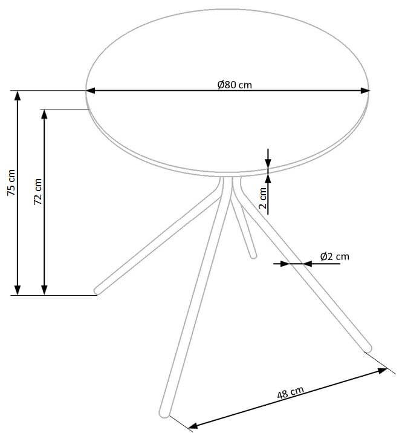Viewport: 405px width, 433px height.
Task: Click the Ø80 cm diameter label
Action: coord(235,85)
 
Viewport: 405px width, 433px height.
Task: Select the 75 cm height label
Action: coord(11,183)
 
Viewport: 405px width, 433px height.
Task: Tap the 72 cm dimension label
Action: coord(38,192)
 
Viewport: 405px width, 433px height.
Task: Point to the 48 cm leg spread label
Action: coord(290,392)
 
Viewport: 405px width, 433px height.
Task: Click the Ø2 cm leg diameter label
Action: coord(335,256)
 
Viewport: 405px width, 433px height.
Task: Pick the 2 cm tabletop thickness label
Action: coord(263,198)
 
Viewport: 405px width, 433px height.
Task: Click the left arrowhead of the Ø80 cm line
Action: coord(90,91)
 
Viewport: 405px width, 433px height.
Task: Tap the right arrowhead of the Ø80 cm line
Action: coord(365,91)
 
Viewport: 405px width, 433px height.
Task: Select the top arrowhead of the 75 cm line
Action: coord(18,96)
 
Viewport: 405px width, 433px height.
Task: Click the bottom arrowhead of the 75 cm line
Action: coord(18,290)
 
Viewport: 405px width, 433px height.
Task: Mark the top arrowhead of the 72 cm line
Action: coord(44,114)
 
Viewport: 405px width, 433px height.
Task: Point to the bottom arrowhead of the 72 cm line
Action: coord(44,290)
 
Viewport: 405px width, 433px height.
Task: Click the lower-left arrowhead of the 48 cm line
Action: coord(193,426)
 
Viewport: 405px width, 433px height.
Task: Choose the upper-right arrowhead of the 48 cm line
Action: coord(383,370)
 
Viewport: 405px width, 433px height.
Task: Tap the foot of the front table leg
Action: coord(164,414)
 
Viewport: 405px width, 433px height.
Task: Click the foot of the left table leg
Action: coord(97,290)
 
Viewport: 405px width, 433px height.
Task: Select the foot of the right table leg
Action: coord(368,348)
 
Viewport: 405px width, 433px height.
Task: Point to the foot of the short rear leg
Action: coord(253,256)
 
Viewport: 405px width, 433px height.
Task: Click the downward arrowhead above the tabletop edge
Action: coord(268,163)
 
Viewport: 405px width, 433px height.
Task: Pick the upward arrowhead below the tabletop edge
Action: coord(268,179)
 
